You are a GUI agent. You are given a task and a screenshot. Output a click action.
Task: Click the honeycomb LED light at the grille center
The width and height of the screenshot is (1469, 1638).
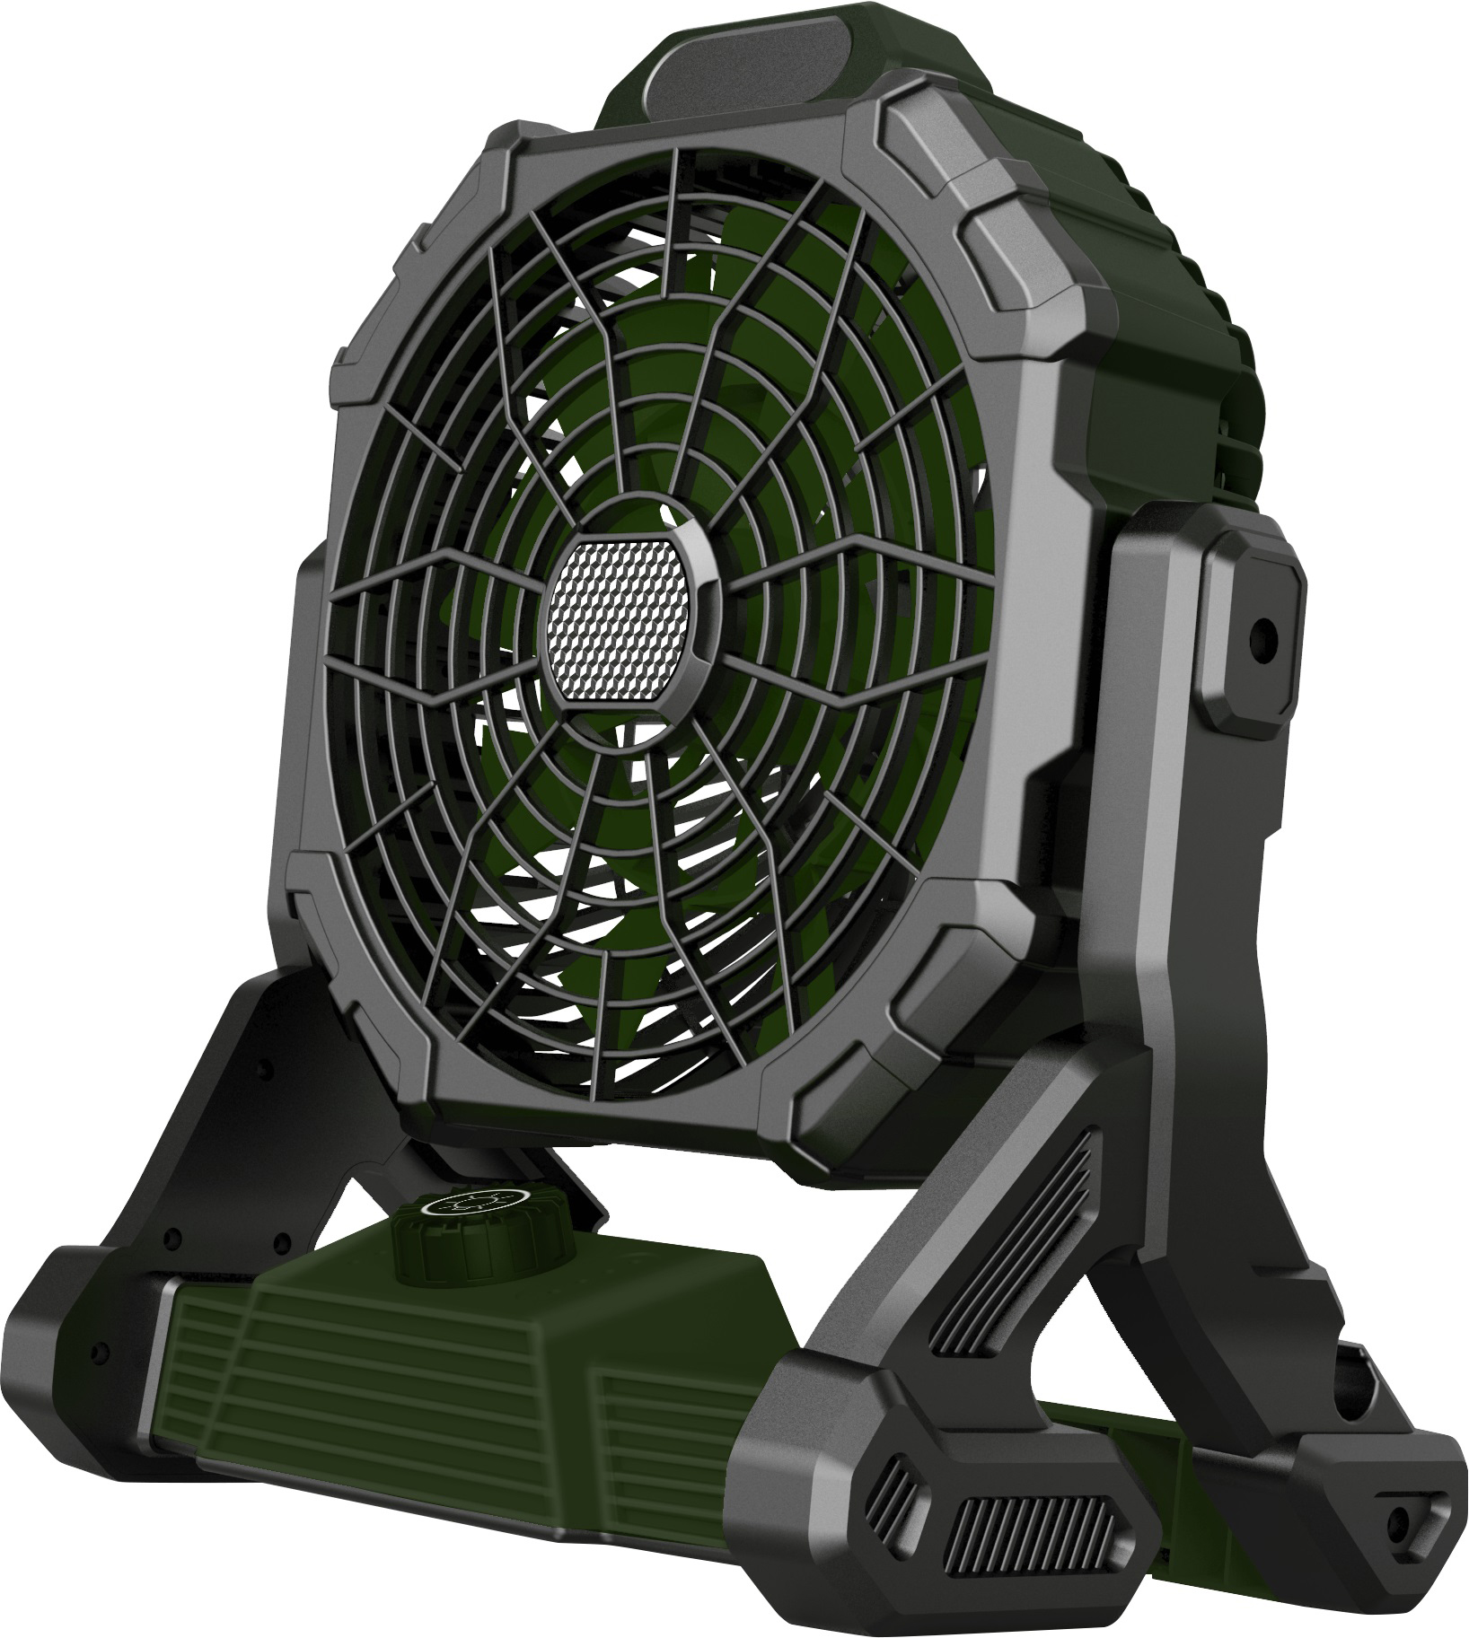pyautogui.click(x=621, y=629)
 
